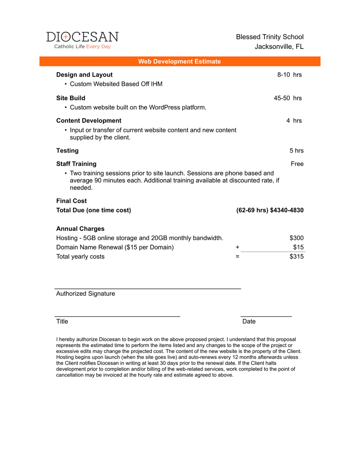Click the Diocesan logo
(x=82, y=40)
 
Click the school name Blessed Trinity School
(x=270, y=37)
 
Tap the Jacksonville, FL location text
(x=279, y=47)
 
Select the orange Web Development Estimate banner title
(x=179, y=61)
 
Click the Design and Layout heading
(x=84, y=75)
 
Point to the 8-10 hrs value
(x=289, y=75)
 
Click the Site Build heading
(x=71, y=98)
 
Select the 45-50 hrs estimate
(x=287, y=98)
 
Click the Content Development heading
(x=89, y=120)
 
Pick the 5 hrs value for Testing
(x=296, y=150)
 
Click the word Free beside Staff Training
(x=297, y=163)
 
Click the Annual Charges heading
(x=80, y=229)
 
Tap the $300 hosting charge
(x=296, y=238)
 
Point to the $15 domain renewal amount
(x=298, y=247)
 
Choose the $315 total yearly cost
(x=296, y=256)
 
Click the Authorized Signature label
(x=85, y=294)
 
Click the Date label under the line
(x=249, y=321)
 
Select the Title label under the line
(x=62, y=321)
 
